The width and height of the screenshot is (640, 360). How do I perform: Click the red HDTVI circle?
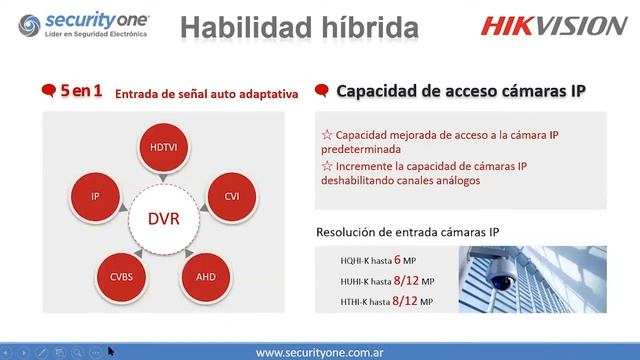pyautogui.click(x=162, y=146)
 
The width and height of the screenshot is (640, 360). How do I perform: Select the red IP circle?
pyautogui.click(x=96, y=196)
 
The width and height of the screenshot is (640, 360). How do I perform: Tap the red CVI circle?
pyautogui.click(x=231, y=196)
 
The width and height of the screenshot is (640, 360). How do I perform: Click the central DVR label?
pyautogui.click(x=163, y=218)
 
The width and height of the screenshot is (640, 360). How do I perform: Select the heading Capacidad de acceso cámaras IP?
pyautogui.click(x=460, y=91)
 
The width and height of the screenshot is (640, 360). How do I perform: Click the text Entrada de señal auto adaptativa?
pyautogui.click(x=207, y=95)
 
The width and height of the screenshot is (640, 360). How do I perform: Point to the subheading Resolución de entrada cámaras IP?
pyautogui.click(x=408, y=231)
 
